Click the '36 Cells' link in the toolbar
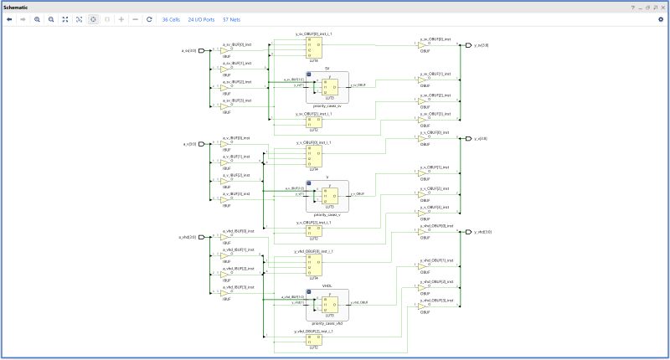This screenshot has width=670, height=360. (x=171, y=19)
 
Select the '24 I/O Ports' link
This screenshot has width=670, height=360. (x=201, y=19)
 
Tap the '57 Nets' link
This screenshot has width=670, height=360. (x=231, y=19)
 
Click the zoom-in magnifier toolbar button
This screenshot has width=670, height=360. (x=38, y=19)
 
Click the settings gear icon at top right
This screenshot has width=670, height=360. (x=660, y=19)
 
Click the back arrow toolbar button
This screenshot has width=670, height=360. (x=9, y=19)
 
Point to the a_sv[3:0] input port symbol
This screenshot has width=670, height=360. (x=201, y=50)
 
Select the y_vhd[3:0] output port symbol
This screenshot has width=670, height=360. (x=467, y=232)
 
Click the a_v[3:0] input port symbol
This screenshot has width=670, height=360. (x=201, y=144)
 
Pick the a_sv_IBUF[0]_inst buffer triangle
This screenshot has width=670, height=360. (x=225, y=50)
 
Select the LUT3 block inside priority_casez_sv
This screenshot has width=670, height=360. (x=331, y=86)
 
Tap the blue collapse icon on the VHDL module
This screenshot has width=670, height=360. (x=309, y=289)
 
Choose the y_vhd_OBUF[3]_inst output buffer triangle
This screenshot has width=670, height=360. (x=423, y=303)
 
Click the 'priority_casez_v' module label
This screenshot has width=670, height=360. (x=327, y=215)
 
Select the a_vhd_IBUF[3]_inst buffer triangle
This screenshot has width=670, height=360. (x=225, y=293)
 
